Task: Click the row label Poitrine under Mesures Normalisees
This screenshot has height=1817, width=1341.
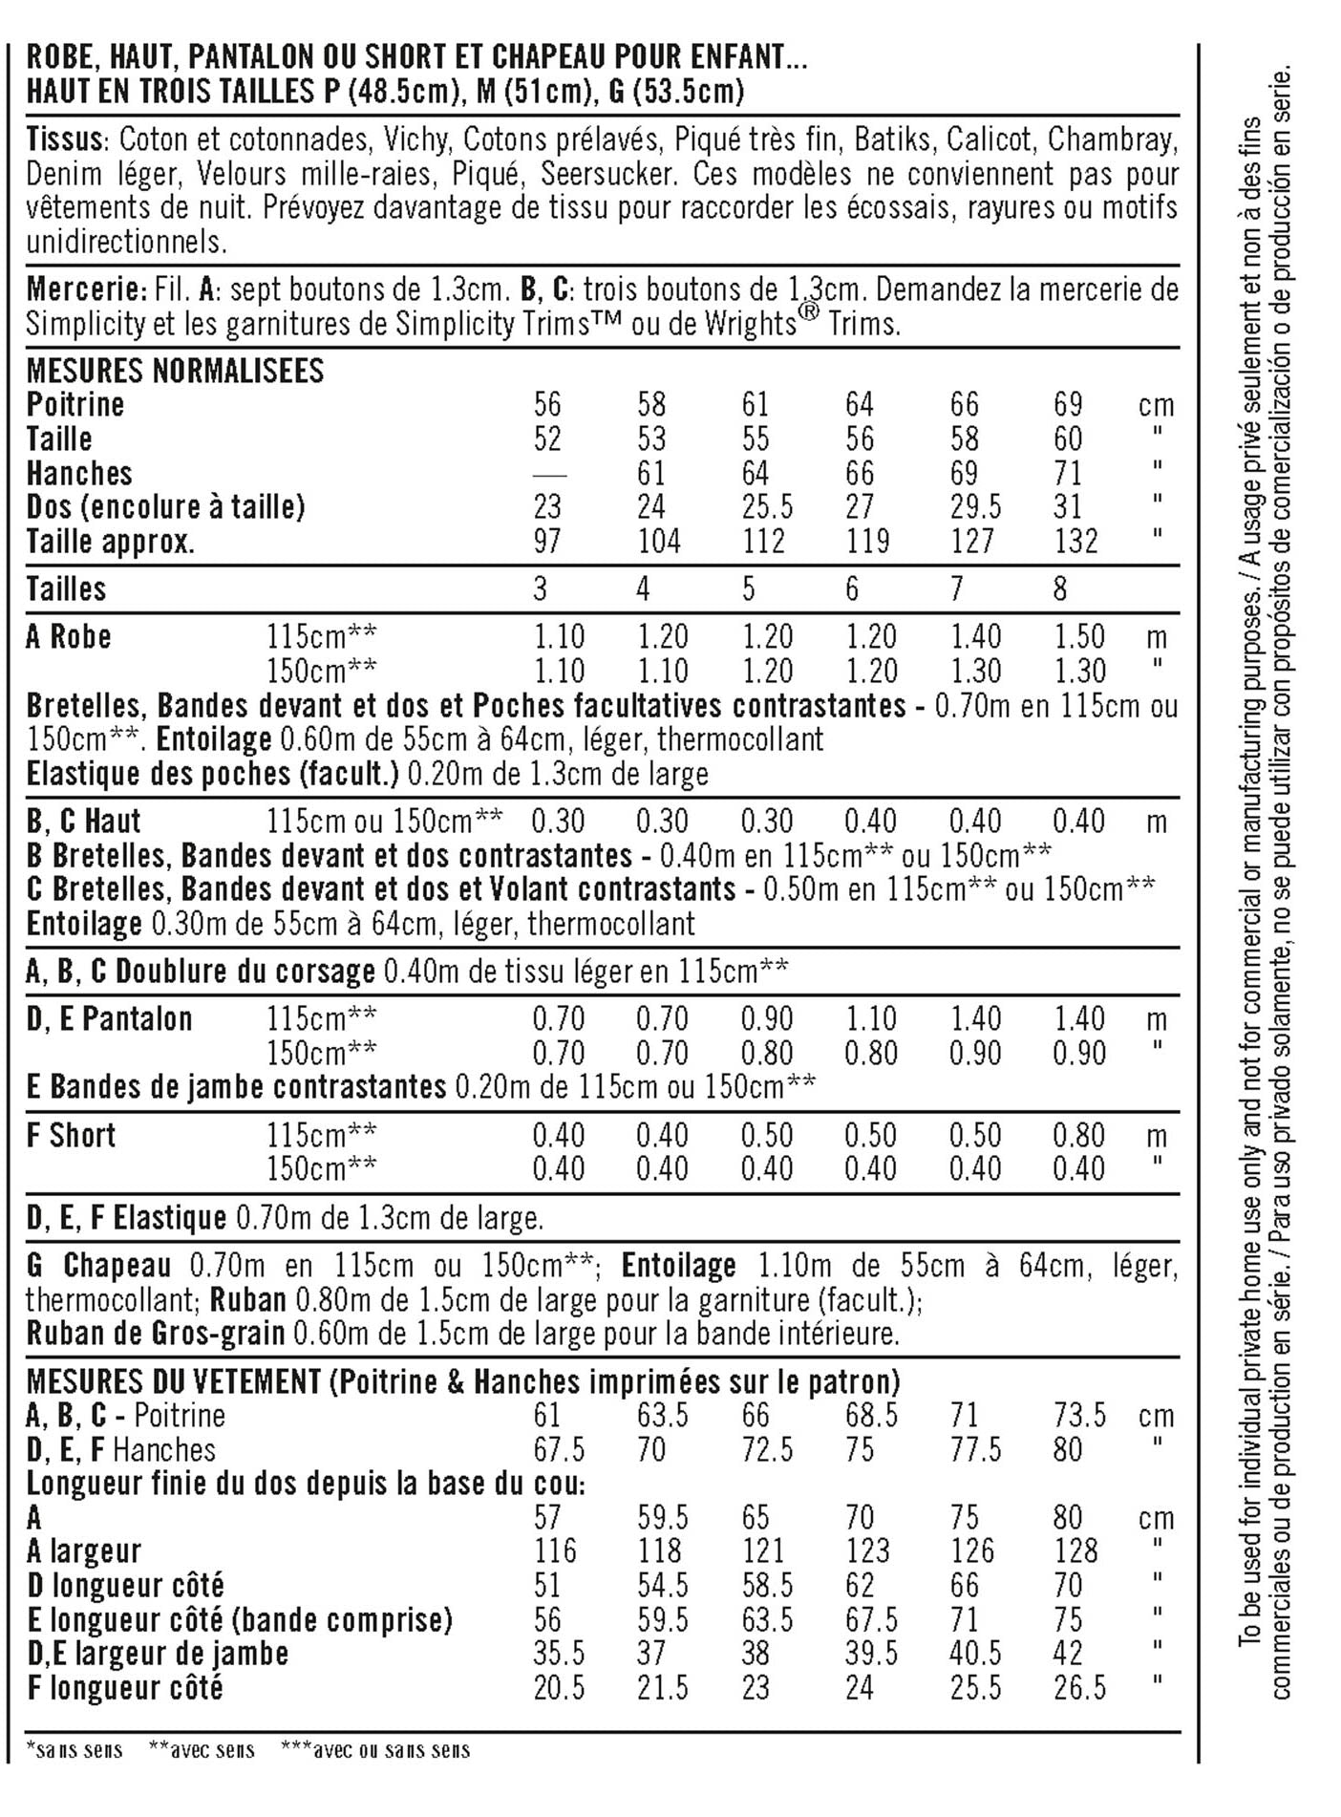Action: [74, 405]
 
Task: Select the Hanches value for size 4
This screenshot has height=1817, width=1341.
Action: [651, 474]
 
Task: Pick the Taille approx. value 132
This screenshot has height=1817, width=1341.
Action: [1075, 542]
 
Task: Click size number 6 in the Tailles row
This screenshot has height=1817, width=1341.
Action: [852, 588]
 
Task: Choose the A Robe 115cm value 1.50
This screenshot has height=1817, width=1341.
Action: [1078, 637]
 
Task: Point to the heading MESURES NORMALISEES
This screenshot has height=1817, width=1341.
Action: [175, 371]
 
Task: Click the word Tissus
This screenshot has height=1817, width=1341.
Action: [63, 140]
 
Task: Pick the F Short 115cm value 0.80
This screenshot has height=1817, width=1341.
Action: [1078, 1136]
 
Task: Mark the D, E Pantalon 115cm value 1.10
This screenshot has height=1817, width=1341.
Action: [870, 1019]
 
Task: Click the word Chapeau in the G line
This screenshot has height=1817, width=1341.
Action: [117, 1267]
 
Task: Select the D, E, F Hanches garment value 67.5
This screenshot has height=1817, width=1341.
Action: [559, 1450]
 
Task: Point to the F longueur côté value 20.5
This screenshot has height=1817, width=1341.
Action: [559, 1688]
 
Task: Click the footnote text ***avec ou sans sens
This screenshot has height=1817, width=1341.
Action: [375, 1750]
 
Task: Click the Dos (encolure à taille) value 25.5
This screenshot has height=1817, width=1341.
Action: [767, 507]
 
